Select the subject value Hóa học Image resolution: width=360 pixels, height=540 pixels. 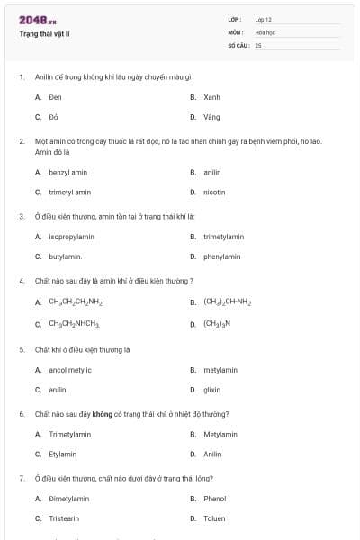point(265,31)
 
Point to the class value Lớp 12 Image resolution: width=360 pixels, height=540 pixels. point(264,19)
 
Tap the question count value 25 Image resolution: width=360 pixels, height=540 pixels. point(258,44)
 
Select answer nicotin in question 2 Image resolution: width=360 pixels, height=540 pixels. point(214,192)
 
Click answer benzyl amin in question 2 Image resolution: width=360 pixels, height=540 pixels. point(67,172)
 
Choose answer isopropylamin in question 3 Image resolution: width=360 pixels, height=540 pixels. point(71,237)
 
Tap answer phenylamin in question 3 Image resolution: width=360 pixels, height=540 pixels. point(221,256)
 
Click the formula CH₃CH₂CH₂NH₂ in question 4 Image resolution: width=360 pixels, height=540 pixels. point(76,302)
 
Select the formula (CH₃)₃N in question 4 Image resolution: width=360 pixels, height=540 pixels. point(217,323)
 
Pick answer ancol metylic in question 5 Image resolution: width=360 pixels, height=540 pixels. point(69,370)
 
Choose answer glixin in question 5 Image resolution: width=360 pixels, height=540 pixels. point(212,390)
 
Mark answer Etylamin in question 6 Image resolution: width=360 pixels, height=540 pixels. point(62,454)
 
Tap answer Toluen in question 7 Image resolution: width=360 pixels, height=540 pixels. point(214,518)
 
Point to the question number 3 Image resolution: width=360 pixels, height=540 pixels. point(22,216)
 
